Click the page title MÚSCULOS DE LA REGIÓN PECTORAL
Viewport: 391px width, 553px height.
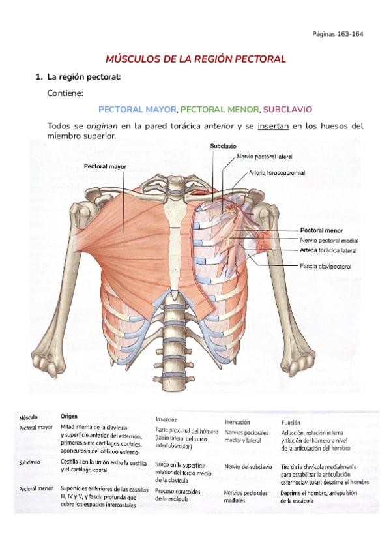click(x=196, y=59)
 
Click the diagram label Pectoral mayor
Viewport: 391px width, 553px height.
click(x=105, y=166)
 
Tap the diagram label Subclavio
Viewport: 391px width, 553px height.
click(x=222, y=146)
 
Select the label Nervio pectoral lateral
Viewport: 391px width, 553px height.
click(x=265, y=157)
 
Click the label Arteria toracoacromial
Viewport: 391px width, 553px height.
click(x=277, y=173)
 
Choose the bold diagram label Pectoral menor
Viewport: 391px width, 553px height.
click(x=321, y=230)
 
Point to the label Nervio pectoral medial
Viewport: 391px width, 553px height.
click(x=328, y=240)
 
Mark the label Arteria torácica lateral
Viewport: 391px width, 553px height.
click(x=328, y=250)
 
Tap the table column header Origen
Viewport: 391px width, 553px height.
click(x=69, y=415)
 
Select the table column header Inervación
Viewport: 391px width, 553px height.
click(x=238, y=422)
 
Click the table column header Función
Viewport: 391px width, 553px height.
click(x=291, y=421)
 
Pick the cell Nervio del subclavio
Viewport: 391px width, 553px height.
click(x=248, y=466)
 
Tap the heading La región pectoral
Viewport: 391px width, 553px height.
click(x=84, y=77)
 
